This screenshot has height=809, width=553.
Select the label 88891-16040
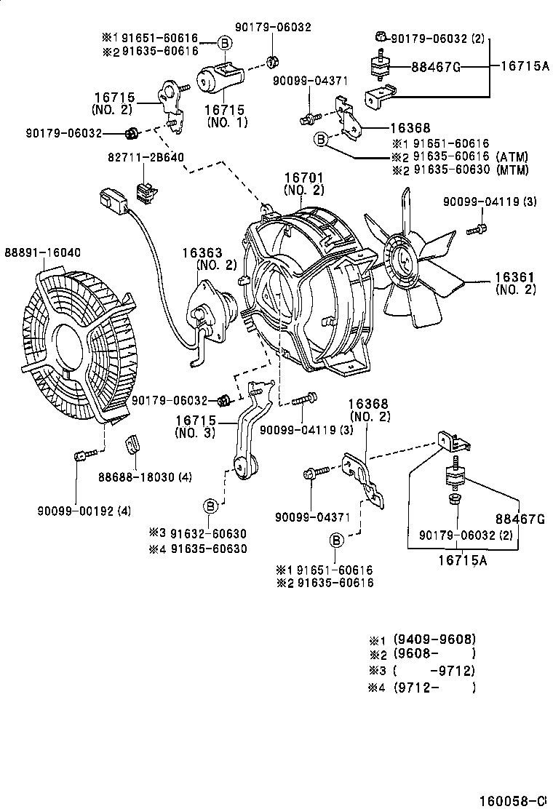pyautogui.click(x=44, y=252)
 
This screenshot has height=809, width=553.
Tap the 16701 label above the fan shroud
pyautogui.click(x=303, y=178)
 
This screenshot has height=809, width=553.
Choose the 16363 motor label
pyautogui.click(x=199, y=252)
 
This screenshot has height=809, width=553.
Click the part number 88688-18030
pyautogui.click(x=135, y=477)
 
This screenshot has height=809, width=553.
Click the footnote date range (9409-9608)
pyautogui.click(x=434, y=639)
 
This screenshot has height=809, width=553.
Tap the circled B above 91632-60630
pyautogui.click(x=210, y=505)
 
